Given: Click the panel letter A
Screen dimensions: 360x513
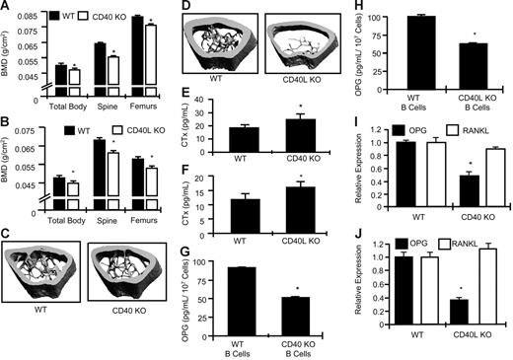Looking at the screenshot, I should pyautogui.click(x=7, y=8).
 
